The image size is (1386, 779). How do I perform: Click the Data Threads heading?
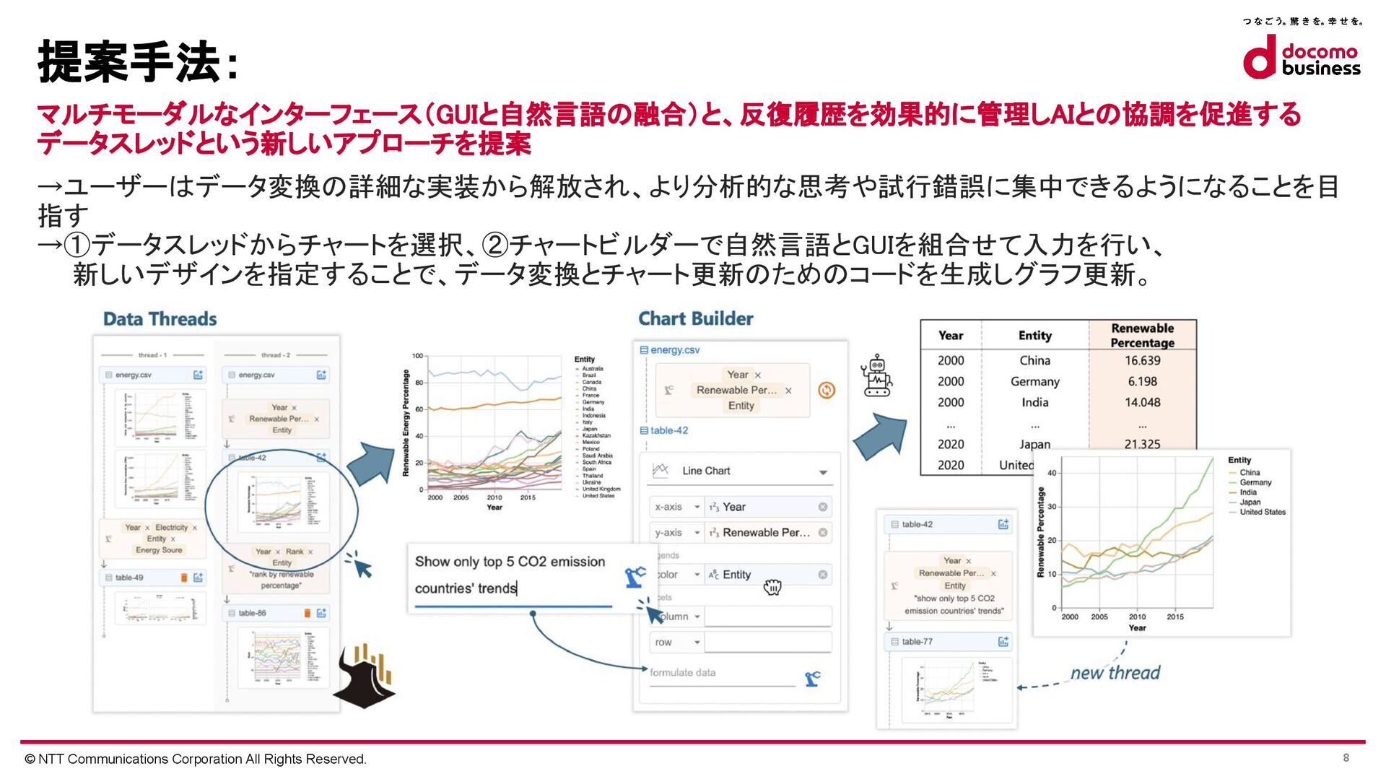160,319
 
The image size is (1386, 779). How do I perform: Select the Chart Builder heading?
695,318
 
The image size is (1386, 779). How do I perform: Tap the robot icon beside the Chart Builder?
876,375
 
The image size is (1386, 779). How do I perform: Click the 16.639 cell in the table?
1142,360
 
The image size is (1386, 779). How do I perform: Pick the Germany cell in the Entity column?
1034,381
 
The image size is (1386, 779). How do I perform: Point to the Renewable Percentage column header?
1142,335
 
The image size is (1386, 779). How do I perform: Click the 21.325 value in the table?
1142,444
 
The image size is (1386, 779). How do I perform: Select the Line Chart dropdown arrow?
823,472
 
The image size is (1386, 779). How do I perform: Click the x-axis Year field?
766,507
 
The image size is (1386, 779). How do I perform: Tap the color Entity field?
766,575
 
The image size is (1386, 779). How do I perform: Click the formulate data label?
682,672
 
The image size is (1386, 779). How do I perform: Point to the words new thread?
1115,673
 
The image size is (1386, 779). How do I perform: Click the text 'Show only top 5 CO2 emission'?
510,562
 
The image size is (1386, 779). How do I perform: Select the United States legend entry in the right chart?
1262,512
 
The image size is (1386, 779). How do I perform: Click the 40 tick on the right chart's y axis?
1052,473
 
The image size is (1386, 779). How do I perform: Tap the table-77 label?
917,641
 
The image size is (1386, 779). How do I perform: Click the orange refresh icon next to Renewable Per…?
827,390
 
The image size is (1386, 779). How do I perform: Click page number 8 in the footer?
1346,757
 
